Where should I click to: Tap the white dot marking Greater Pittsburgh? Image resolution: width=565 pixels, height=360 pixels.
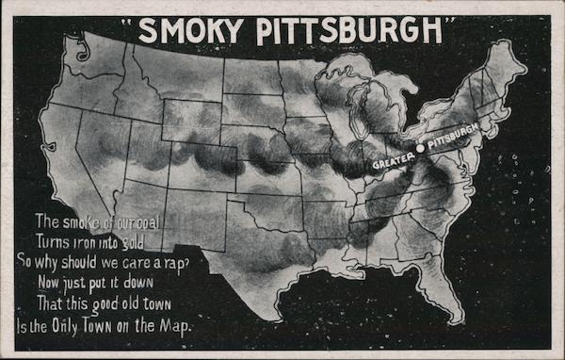[x=419, y=147]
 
